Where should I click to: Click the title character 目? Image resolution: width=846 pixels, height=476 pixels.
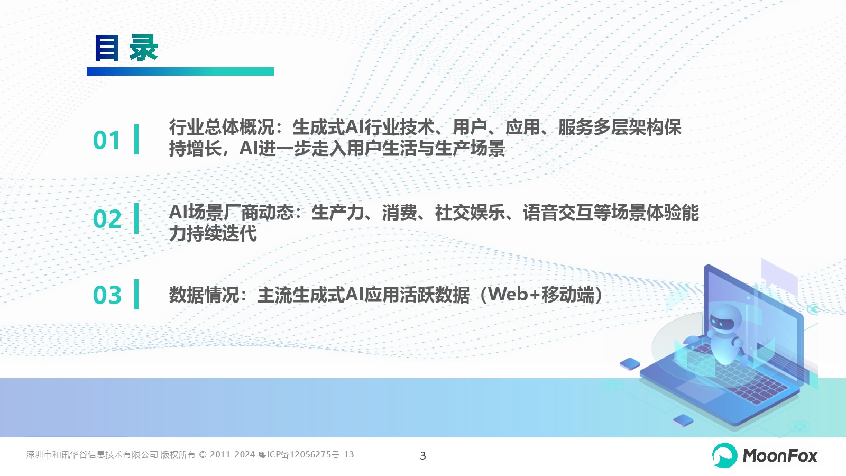point(106,48)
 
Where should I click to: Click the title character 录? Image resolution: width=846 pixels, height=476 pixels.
point(143,48)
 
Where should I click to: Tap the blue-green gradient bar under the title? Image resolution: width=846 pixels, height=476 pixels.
point(180,71)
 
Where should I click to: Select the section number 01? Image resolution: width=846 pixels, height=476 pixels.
point(106,140)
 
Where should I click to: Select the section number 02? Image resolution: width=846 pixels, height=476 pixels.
point(107,219)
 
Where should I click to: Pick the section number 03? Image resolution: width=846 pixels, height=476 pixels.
point(107,295)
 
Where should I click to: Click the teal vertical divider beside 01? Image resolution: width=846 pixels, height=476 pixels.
point(136,140)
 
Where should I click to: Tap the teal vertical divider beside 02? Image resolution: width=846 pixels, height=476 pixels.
point(136,218)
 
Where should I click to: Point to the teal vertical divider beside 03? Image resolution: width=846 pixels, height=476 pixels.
point(136,294)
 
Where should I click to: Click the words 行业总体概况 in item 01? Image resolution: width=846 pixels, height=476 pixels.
point(222,127)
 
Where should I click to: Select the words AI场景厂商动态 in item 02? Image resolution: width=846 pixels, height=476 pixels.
point(231,212)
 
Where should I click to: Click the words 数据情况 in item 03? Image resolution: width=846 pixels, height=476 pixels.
point(204,295)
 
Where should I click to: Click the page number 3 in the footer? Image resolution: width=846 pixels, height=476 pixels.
point(423,455)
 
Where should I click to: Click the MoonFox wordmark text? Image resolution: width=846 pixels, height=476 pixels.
point(780,456)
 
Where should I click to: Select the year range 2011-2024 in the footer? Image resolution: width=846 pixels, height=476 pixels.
point(232,454)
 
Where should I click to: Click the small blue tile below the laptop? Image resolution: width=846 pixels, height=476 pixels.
point(683,420)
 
